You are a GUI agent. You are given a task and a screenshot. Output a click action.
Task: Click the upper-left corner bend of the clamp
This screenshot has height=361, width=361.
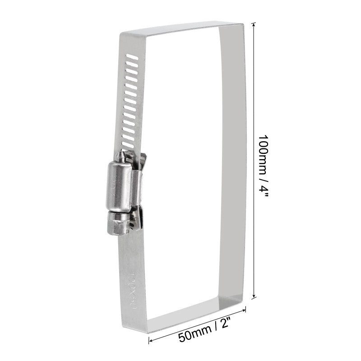point(123,34)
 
